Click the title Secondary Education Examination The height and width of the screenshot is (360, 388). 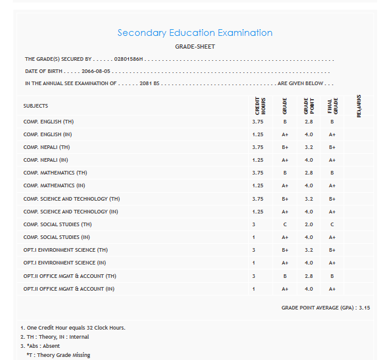(195, 33)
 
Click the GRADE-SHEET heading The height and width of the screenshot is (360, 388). (195, 47)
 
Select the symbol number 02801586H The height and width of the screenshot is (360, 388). (128, 60)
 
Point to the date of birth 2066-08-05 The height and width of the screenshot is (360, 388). (95, 71)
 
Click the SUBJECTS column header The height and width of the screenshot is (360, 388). (36, 106)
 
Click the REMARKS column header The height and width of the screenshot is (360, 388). (359, 106)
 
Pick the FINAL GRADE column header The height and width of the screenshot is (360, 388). (332, 106)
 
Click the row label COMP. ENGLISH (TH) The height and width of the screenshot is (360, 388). (49, 122)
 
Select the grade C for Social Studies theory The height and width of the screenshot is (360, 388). (285, 224)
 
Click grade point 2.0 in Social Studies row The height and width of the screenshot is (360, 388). (308, 224)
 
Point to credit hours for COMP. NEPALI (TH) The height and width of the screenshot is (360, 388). (257, 147)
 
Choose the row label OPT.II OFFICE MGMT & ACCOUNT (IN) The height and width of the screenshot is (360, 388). (69, 289)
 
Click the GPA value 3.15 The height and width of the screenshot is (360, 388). (364, 308)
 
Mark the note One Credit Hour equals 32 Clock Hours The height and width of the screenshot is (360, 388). (73, 328)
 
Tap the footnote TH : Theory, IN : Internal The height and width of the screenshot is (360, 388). (55, 337)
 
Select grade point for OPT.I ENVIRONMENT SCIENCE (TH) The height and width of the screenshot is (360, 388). (308, 250)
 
